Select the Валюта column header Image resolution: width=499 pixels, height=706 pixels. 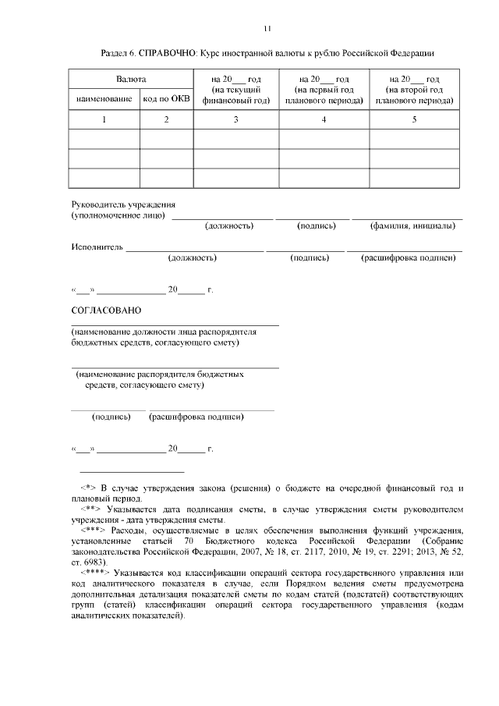pos(131,80)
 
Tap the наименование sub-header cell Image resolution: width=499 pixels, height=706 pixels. pos(104,99)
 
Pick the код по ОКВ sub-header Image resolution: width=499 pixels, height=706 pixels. pos(166,99)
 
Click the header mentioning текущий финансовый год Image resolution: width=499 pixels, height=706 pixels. pos(236,90)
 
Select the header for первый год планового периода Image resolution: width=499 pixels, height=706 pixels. pos(324,90)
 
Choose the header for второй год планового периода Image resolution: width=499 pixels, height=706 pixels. pos(414,90)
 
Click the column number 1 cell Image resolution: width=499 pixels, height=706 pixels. pos(104,119)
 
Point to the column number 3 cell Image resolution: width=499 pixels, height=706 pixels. pos(236,119)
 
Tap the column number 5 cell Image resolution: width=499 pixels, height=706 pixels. pos(414,119)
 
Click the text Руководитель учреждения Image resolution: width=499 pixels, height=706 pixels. pos(118,204)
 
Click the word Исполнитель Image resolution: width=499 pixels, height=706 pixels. pos(97,247)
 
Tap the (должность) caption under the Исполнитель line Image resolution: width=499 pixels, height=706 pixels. pos(192,257)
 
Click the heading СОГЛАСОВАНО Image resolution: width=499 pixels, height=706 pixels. pos(106,310)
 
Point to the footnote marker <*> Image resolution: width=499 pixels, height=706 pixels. pos(88,488)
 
